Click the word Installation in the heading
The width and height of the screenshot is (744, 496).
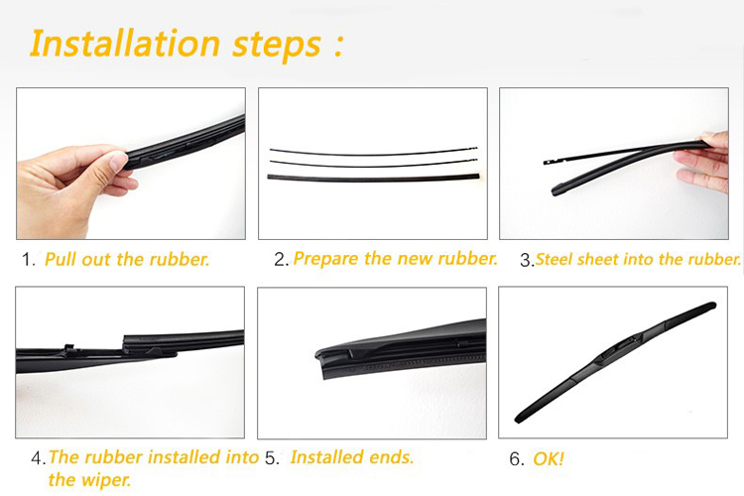tap(125, 44)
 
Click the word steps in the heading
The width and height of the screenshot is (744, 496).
tap(277, 46)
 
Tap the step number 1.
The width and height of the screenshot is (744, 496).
tap(27, 260)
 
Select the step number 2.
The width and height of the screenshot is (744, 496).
tap(280, 259)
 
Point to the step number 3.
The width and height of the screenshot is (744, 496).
tap(526, 260)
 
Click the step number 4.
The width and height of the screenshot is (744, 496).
tap(36, 458)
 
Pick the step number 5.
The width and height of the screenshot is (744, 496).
tap(271, 458)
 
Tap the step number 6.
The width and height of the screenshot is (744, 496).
tap(515, 459)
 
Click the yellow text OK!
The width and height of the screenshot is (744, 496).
tap(549, 459)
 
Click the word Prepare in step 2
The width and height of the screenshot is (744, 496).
tap(326, 259)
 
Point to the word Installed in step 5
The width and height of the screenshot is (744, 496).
tap(328, 457)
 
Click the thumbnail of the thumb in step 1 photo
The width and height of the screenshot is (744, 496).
tap(118, 162)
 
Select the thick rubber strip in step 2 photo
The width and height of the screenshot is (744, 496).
tap(373, 178)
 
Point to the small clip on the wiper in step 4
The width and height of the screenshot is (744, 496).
tap(69, 347)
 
